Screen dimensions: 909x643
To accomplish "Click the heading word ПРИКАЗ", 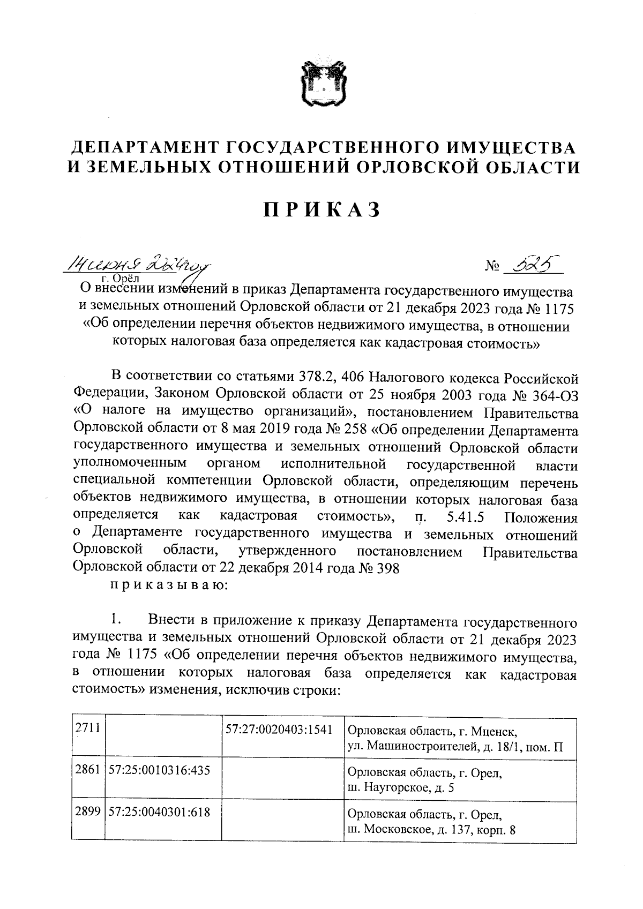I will point(322,209).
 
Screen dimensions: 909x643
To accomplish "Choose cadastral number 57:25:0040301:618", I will point(159,812).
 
